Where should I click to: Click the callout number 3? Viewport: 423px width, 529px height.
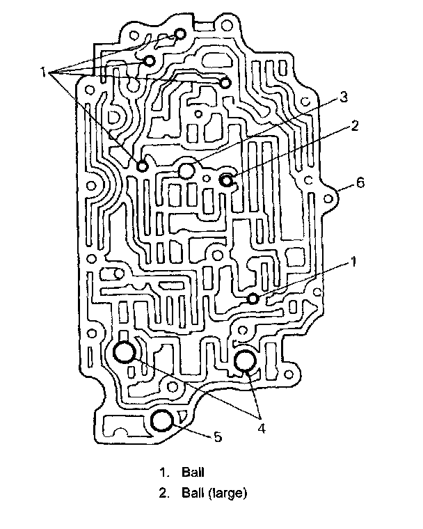(x=342, y=98)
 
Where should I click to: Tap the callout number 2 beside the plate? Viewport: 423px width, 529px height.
(x=354, y=126)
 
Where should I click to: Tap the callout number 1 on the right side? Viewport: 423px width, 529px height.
(x=353, y=262)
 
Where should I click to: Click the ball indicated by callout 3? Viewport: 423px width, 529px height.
(x=187, y=171)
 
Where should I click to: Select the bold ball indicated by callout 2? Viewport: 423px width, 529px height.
(x=227, y=180)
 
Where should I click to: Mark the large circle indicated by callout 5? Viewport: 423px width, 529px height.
(x=162, y=421)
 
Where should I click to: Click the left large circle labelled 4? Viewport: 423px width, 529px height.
(x=125, y=352)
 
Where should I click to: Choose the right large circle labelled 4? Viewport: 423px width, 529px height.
(x=245, y=361)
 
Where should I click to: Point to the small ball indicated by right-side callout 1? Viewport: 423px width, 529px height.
(x=253, y=299)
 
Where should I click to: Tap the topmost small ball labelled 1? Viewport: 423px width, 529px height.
(x=179, y=35)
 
